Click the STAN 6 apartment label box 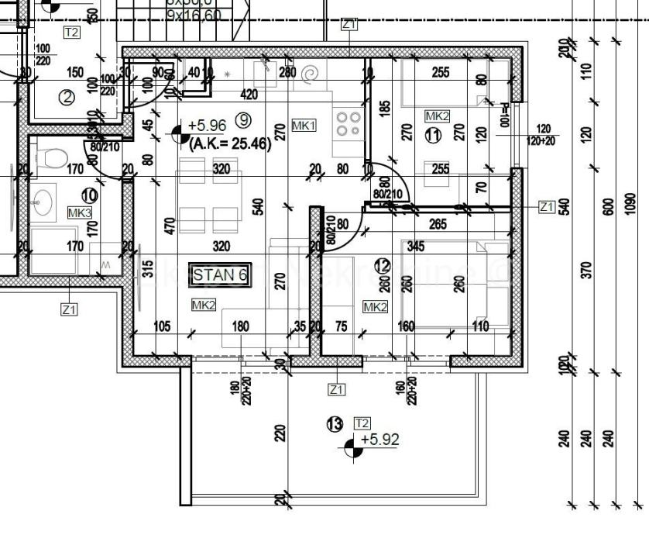(219, 274)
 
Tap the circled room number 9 (244, 119)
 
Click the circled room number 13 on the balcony (335, 424)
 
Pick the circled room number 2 (67, 98)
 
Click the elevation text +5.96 (207, 124)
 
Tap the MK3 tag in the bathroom (79, 212)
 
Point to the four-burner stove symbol (349, 123)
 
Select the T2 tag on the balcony (362, 423)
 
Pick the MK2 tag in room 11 (437, 116)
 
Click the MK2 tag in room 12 (375, 307)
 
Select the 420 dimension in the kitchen (249, 95)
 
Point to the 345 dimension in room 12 (416, 247)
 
